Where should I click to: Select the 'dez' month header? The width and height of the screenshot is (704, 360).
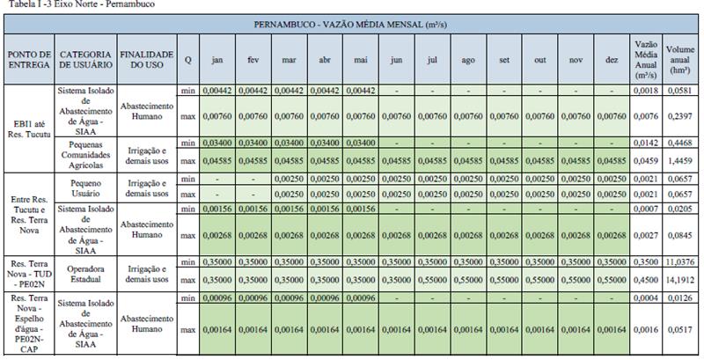coord(612,60)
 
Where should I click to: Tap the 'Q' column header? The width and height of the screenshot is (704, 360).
coord(187,60)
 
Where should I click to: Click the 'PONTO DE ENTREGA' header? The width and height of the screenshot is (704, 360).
coord(28,60)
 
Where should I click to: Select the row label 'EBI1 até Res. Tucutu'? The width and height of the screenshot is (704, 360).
coord(28,129)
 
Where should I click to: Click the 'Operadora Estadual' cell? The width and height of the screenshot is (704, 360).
coord(85,273)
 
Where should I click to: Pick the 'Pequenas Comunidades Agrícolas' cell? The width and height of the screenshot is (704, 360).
coord(85,151)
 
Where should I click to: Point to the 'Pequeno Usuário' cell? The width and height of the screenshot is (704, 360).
coord(85,186)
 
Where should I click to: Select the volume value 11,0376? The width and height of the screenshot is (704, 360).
coord(681,262)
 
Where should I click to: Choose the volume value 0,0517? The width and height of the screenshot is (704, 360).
coord(681,327)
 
